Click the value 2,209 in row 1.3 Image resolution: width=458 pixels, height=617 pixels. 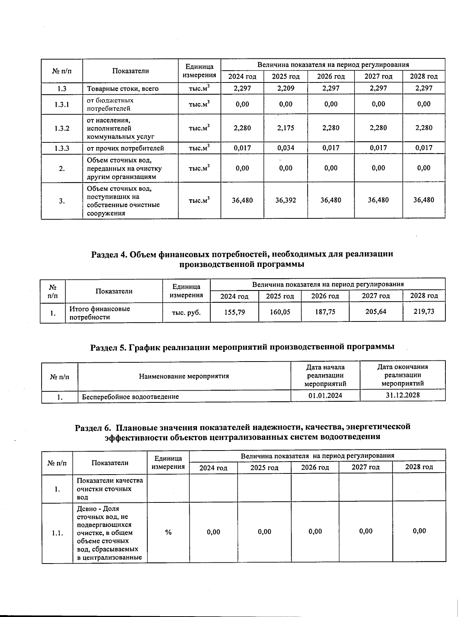coord(285,88)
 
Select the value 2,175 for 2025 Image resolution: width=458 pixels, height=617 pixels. coord(285,128)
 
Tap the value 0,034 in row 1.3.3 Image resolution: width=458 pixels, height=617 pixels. coord(285,148)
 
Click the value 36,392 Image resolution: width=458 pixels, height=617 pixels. coord(285,200)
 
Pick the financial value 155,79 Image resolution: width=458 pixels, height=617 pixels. coord(234,312)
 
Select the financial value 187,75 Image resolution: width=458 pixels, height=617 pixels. coord(325,312)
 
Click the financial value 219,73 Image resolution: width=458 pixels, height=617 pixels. coord(424,311)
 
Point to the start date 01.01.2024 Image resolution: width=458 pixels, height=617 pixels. coord(325,395)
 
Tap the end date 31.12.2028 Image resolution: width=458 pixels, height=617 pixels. coord(403,395)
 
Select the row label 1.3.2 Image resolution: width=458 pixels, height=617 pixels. coord(62,128)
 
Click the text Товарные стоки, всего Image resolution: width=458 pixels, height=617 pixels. coord(123,89)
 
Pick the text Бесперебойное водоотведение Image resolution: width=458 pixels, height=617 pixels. coord(131,397)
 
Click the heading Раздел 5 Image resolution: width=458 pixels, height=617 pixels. coord(242,347)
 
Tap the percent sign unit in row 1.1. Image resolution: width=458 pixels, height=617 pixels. coord(168,532)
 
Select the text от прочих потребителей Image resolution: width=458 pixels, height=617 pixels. coord(125,148)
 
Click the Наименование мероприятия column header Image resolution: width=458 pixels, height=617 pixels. coord(184,376)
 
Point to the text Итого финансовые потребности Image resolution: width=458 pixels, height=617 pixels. coord(99,313)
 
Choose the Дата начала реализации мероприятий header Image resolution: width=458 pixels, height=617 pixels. coord(325,375)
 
